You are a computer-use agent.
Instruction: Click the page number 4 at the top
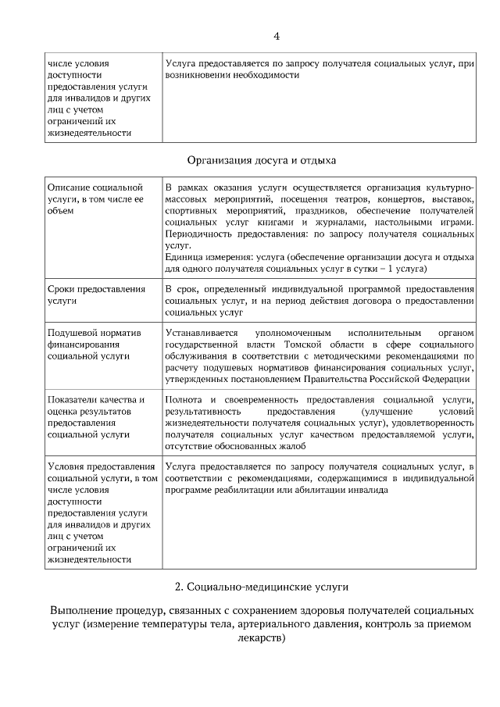click(276, 36)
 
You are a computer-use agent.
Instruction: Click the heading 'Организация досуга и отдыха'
click(262, 162)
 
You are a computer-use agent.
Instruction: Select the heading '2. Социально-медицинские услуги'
click(262, 586)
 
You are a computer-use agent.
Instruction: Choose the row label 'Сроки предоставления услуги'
click(96, 295)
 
